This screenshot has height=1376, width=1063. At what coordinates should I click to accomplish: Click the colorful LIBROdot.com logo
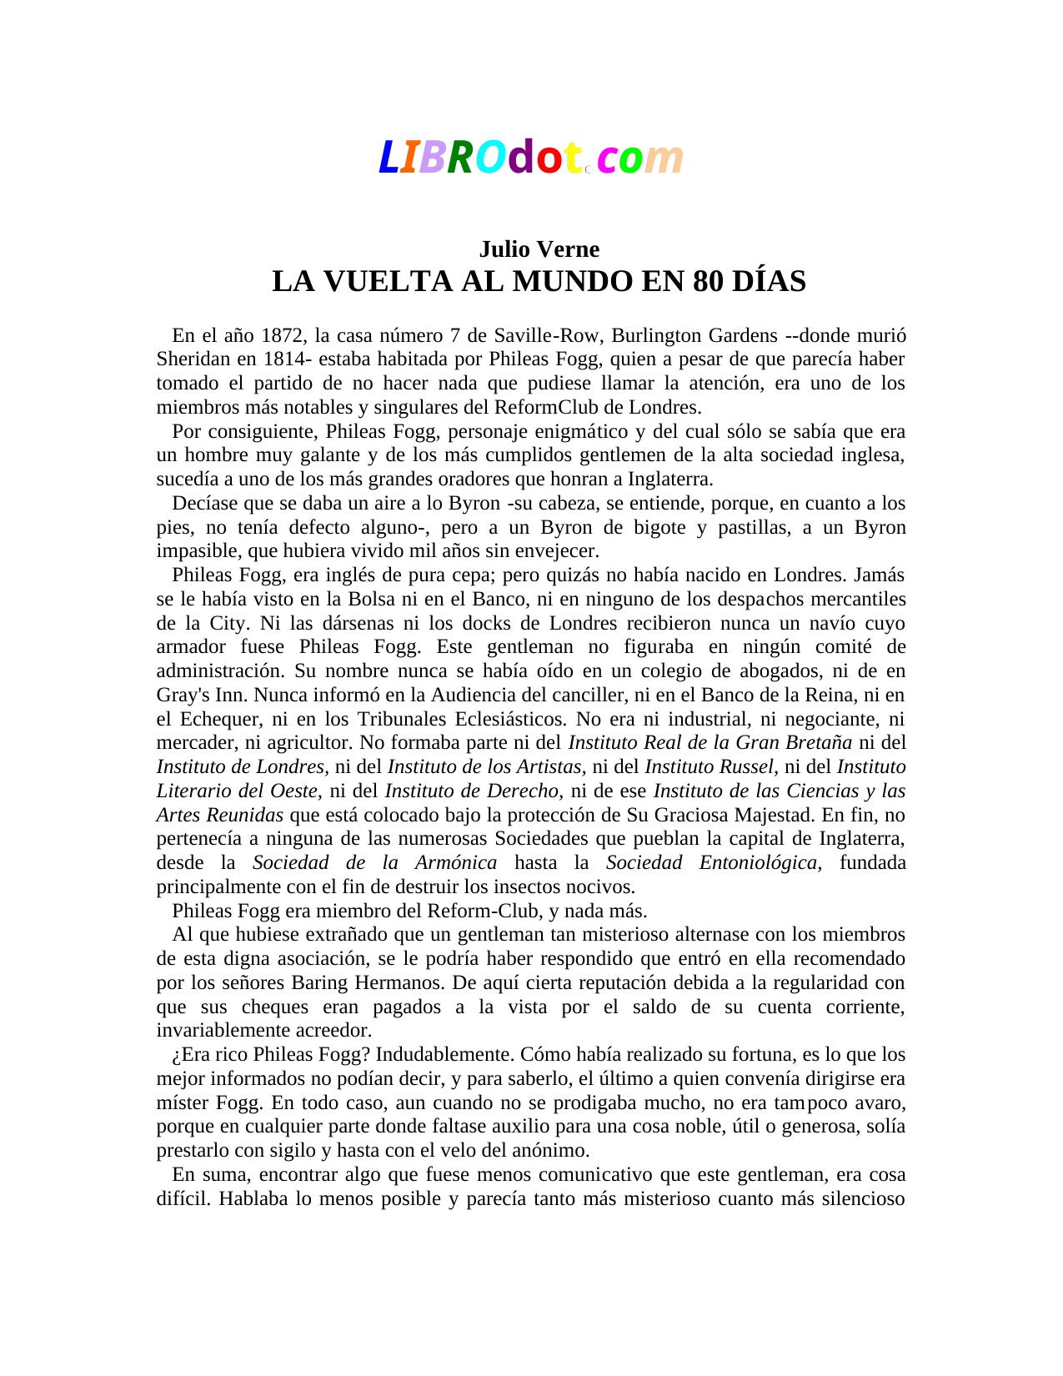click(530, 158)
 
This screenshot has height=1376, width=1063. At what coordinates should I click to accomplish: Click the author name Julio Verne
click(539, 249)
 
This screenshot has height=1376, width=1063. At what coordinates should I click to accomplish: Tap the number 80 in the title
click(708, 282)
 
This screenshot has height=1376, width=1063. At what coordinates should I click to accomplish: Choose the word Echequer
click(217, 719)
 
